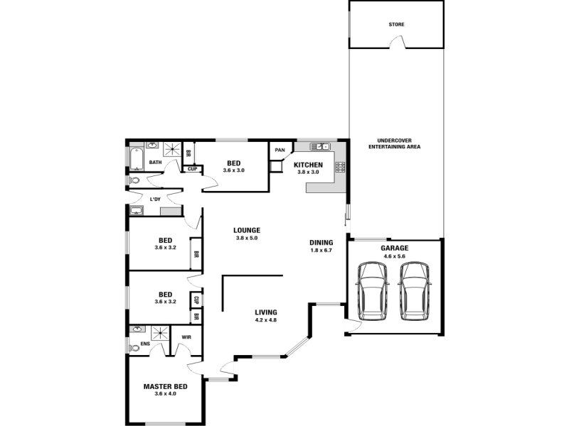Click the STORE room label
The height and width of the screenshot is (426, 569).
(396, 25)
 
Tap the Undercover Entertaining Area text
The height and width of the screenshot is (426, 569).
(395, 144)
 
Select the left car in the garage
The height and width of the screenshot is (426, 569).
(373, 292)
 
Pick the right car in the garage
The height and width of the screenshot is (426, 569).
(414, 292)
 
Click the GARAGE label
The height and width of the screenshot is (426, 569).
(395, 248)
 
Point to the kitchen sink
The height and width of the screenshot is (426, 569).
(319, 146)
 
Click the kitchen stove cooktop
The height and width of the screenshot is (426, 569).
(341, 167)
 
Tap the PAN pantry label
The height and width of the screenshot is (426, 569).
(280, 150)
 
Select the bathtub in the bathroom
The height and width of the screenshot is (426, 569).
(137, 158)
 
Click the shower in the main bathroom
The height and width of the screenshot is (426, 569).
(172, 149)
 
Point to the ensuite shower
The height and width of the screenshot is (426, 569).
(160, 333)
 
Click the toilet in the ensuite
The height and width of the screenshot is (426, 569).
(134, 348)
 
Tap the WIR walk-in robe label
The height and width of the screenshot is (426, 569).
(186, 337)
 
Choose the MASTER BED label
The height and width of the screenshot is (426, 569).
(166, 386)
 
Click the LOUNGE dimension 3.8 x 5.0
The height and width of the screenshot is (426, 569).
(247, 238)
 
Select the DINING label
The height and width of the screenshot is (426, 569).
(321, 243)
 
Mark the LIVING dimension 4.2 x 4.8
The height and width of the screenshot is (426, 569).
(266, 320)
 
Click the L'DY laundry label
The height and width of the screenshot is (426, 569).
(155, 200)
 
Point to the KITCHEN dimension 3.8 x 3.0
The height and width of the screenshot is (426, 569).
(308, 172)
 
